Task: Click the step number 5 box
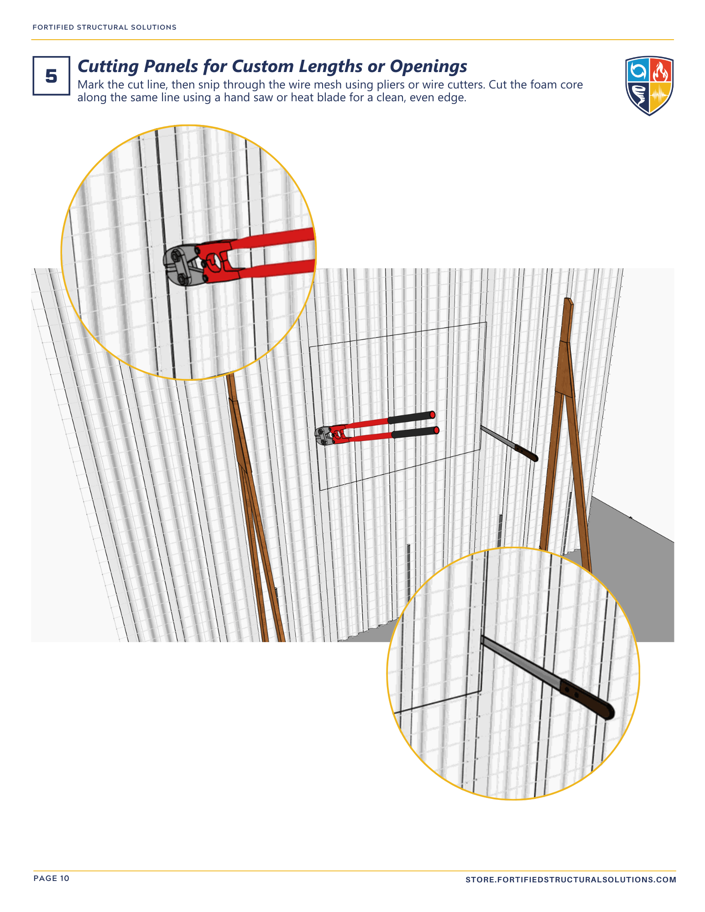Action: click(51, 76)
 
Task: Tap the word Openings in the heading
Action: click(428, 67)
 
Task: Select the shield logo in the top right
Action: click(649, 86)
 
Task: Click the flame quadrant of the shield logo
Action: click(661, 70)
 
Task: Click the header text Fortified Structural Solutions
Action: click(104, 27)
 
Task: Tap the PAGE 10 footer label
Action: click(52, 878)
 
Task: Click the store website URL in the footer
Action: click(571, 880)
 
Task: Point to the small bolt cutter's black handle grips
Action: click(413, 424)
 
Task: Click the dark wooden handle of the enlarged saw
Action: click(587, 699)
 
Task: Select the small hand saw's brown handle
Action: click(527, 453)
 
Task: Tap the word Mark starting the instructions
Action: click(91, 85)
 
